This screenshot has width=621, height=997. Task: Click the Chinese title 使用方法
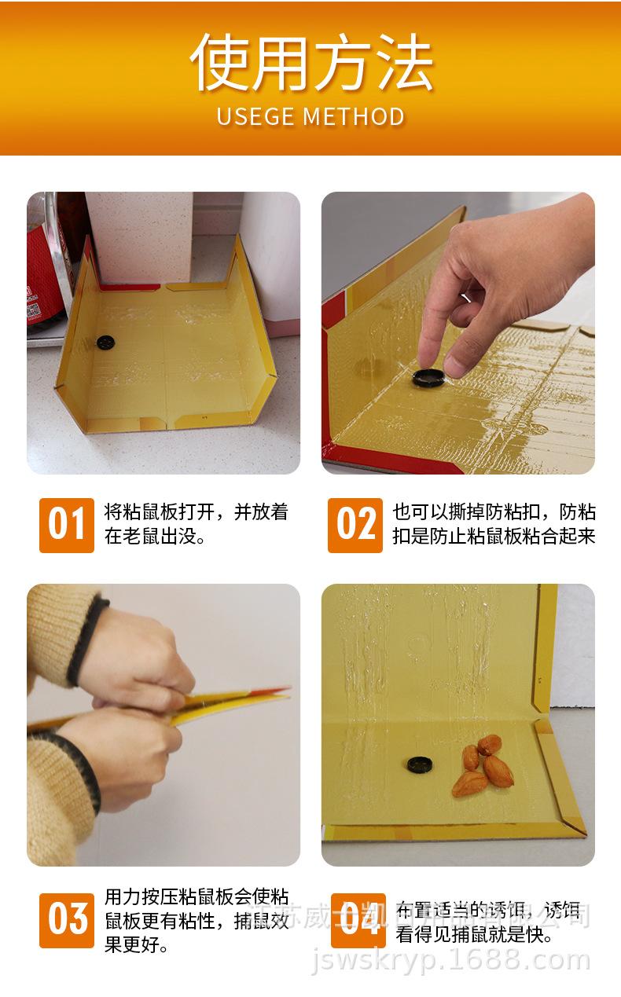pyautogui.click(x=310, y=63)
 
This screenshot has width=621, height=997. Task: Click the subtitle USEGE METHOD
pyautogui.click(x=310, y=117)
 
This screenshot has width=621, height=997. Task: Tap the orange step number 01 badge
pyautogui.click(x=67, y=524)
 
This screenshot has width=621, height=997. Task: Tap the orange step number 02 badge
pyautogui.click(x=355, y=524)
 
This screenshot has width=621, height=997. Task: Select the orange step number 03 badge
pyautogui.click(x=67, y=919)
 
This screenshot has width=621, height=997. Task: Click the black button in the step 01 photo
pyautogui.click(x=105, y=343)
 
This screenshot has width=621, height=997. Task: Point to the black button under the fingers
pyautogui.click(x=428, y=377)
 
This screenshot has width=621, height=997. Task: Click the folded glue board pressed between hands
pyautogui.click(x=228, y=703)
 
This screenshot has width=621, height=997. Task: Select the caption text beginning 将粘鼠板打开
pyautogui.click(x=197, y=524)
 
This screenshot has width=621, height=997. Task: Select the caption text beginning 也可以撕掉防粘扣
pyautogui.click(x=494, y=524)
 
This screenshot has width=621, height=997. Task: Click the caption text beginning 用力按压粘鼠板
pyautogui.click(x=197, y=920)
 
